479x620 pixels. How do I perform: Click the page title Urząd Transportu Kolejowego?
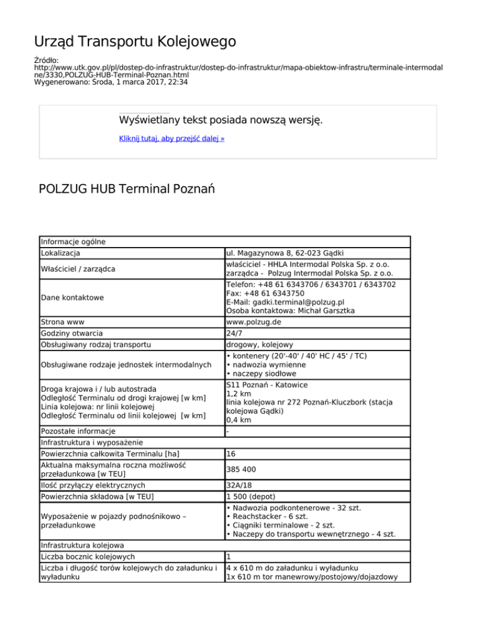[x=135, y=42]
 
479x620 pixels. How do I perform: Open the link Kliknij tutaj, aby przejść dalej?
[x=172, y=138]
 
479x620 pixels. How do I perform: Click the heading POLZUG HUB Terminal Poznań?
[x=127, y=188]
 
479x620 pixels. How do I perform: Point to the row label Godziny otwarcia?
[x=71, y=334]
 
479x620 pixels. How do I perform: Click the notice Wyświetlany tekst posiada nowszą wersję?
[x=221, y=119]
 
